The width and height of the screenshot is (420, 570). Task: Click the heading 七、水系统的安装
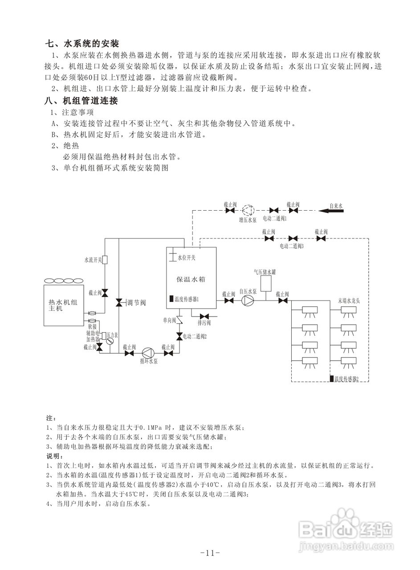(x=82, y=44)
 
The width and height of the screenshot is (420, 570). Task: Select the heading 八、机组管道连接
(x=82, y=101)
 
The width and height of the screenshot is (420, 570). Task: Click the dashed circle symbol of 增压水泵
(x=248, y=210)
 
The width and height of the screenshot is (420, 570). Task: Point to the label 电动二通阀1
(x=274, y=219)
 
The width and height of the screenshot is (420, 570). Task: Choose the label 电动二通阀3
(x=291, y=246)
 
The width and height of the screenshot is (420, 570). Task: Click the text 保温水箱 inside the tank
(x=191, y=279)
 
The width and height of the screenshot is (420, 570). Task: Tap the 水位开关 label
(x=187, y=258)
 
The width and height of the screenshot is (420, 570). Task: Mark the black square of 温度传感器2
(x=332, y=379)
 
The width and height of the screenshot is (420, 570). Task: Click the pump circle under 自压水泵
(x=248, y=301)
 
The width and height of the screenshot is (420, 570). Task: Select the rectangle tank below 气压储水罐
(x=266, y=284)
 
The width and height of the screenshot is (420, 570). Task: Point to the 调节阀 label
(x=137, y=303)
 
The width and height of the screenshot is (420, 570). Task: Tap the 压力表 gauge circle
(x=110, y=341)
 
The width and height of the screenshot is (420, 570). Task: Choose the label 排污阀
(x=204, y=322)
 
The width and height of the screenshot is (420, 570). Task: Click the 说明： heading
(x=53, y=456)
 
